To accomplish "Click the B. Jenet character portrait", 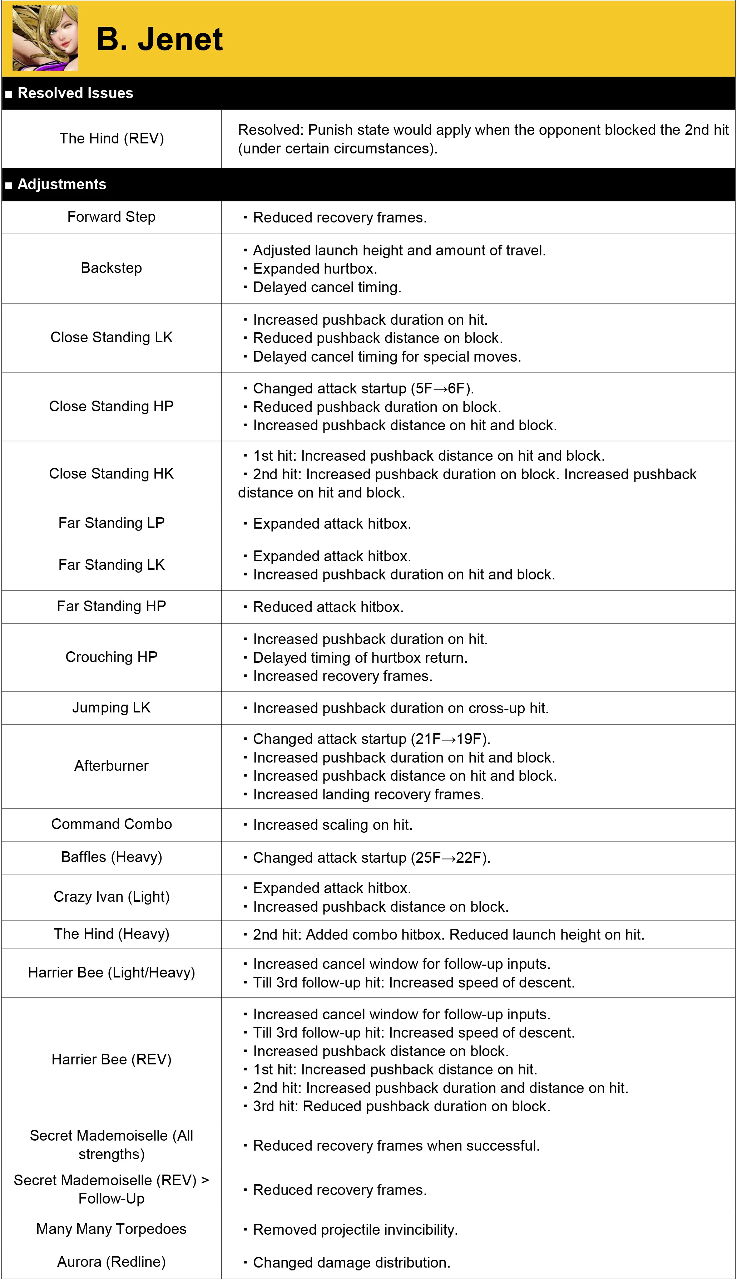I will coord(45,38).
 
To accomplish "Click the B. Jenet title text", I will coord(159,39).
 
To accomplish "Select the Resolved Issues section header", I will coord(75,93).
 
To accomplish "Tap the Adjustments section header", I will coord(62,185).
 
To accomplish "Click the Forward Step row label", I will coord(112,217).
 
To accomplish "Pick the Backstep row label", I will coord(112,268).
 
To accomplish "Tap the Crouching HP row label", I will coord(112,657).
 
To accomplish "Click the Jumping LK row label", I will coord(112,707).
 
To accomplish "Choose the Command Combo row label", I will coord(112,824).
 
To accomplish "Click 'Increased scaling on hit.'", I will coord(332,825).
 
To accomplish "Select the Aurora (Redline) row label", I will coord(112,1262).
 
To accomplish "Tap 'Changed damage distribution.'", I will coord(351,1263).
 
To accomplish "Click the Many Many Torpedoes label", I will coord(112,1229).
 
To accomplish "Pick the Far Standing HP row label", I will coord(112,606).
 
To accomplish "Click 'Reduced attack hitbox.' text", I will coord(328,607).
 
